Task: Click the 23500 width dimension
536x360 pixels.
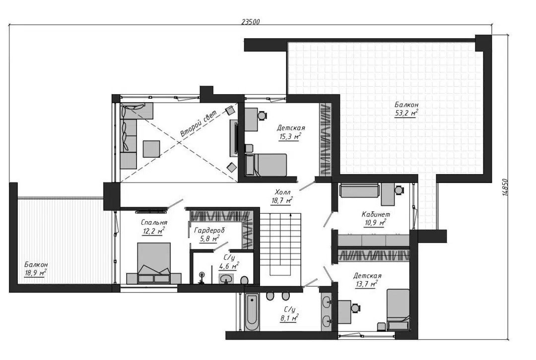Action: click(251, 22)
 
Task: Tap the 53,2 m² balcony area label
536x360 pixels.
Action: click(406, 113)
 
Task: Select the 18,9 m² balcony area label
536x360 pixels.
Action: click(35, 273)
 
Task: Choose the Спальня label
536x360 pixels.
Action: click(154, 223)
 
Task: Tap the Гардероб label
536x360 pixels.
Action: click(209, 231)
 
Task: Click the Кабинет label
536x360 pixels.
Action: click(376, 215)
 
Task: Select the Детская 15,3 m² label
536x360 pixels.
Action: click(290, 132)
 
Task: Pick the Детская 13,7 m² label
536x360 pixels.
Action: click(367, 280)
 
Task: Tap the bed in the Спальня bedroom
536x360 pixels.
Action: click(154, 263)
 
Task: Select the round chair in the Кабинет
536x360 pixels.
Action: click(399, 189)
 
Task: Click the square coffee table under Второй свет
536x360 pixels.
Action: click(151, 149)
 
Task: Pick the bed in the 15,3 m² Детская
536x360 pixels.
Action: click(266, 165)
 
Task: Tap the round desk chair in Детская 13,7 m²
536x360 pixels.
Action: click(356, 307)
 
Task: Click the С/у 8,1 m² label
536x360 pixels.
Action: click(289, 313)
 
